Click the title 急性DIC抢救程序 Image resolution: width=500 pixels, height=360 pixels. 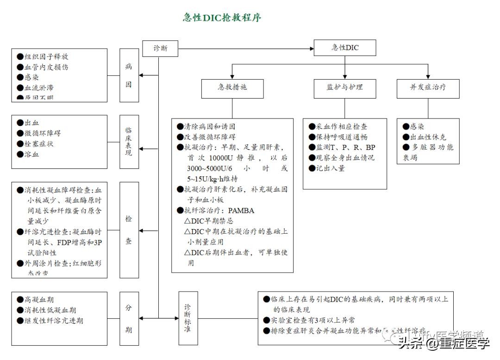point(222,18)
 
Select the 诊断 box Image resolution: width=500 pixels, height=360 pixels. point(160,48)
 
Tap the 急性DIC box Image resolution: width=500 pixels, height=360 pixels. point(345,48)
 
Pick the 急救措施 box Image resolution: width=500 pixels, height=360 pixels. point(232,87)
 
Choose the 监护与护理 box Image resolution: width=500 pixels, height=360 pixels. point(345,87)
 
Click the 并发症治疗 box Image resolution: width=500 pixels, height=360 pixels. point(428,87)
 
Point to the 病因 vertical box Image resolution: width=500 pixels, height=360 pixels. point(129,75)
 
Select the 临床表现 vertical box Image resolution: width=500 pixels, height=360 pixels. point(129,142)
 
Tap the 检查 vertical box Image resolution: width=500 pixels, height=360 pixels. point(129,230)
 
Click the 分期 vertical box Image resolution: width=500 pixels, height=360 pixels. point(129,318)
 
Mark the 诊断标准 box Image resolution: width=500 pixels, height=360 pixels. point(187,318)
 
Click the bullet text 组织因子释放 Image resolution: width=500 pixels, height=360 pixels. point(46,56)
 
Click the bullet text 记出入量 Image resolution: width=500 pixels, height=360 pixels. point(331,168)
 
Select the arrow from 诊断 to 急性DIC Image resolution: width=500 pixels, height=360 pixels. point(245,48)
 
